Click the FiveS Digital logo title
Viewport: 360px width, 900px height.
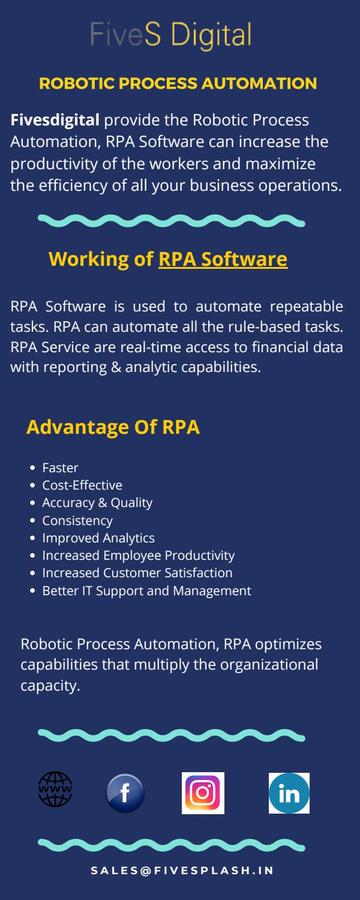click(x=170, y=35)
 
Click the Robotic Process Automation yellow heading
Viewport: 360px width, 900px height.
click(x=178, y=83)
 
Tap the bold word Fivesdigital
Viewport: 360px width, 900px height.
click(x=55, y=121)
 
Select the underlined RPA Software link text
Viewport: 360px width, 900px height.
click(x=223, y=259)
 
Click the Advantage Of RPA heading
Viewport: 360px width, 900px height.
click(x=113, y=427)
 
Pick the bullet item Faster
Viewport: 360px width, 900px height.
click(x=60, y=467)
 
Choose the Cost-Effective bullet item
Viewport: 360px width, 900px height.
click(x=82, y=485)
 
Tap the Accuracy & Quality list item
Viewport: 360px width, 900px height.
click(x=97, y=503)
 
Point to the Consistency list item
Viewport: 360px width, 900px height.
click(x=77, y=520)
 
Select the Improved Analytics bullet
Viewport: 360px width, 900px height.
click(x=98, y=538)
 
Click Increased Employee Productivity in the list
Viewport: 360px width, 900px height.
click(x=138, y=556)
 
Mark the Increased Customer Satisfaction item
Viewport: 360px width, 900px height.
click(x=137, y=573)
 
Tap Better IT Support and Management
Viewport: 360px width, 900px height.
click(x=146, y=591)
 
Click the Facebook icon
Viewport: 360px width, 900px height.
click(x=125, y=793)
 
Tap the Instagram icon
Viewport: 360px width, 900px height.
click(x=203, y=793)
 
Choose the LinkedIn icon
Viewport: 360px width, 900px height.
click(x=289, y=793)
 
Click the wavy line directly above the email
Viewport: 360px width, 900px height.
click(x=171, y=845)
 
